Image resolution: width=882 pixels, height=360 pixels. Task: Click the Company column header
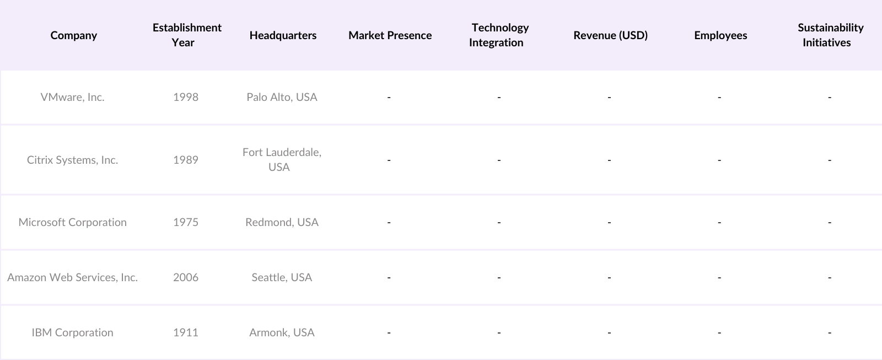click(73, 35)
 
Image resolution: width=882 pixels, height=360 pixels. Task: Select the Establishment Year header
click(186, 35)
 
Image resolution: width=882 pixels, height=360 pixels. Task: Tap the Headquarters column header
click(283, 35)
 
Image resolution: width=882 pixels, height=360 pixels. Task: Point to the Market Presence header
click(390, 35)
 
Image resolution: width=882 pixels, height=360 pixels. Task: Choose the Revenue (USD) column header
click(610, 35)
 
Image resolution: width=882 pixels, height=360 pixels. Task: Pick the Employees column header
click(720, 35)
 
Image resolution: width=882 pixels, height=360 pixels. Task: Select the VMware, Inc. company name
click(72, 97)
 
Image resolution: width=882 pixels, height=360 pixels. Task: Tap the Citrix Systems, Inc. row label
click(72, 160)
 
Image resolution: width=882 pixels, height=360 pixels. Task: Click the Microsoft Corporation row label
click(72, 222)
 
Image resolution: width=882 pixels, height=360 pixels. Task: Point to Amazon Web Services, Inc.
click(72, 277)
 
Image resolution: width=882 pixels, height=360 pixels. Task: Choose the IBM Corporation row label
click(72, 332)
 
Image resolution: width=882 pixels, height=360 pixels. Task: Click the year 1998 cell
click(186, 97)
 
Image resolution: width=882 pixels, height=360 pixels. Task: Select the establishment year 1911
click(186, 332)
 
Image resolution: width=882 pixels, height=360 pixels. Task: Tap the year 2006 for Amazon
click(186, 277)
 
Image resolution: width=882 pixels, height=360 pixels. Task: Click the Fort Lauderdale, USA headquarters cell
click(282, 159)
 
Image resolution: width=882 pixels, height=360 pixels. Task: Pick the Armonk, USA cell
click(282, 332)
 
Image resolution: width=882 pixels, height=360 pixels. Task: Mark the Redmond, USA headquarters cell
click(282, 222)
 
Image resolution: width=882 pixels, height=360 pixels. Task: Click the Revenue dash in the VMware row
click(609, 97)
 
